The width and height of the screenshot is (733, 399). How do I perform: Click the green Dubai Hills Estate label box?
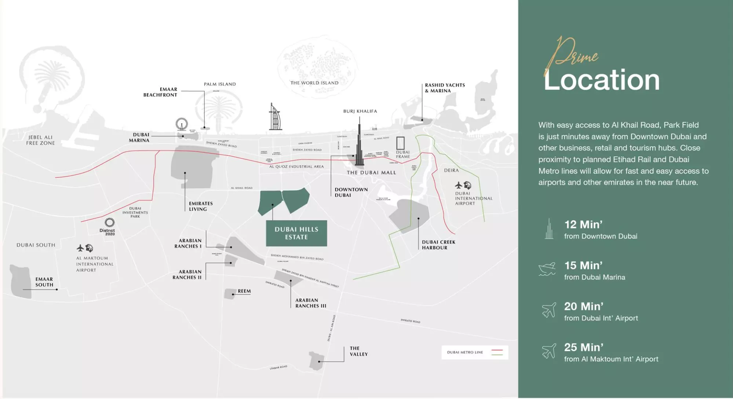tap(296, 233)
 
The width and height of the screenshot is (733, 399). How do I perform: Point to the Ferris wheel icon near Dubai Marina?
tap(182, 124)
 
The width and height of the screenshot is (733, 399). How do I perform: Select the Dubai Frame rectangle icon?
tap(400, 143)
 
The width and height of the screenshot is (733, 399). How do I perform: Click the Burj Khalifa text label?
tap(360, 111)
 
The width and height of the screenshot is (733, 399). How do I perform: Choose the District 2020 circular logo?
tap(109, 222)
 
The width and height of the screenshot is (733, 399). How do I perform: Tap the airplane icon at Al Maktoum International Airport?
tap(80, 248)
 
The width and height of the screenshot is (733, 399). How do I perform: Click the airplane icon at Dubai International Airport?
tap(458, 185)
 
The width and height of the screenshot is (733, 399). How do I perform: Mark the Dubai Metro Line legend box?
tap(475, 352)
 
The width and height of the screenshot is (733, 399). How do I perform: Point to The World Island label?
tap(314, 83)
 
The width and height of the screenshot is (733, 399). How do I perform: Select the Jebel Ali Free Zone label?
tap(40, 140)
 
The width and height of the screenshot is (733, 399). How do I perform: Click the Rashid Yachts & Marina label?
tap(445, 88)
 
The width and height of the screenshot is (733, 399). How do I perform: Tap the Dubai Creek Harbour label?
tap(438, 245)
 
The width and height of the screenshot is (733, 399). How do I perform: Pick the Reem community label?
tap(244, 291)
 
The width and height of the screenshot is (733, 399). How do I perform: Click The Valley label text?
tap(358, 351)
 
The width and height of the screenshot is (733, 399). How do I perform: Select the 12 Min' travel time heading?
tap(583, 224)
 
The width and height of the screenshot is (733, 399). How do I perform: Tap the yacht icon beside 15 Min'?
tap(547, 269)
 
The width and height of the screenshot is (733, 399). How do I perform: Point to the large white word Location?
tap(601, 80)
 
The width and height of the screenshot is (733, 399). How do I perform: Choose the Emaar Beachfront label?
tap(160, 92)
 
